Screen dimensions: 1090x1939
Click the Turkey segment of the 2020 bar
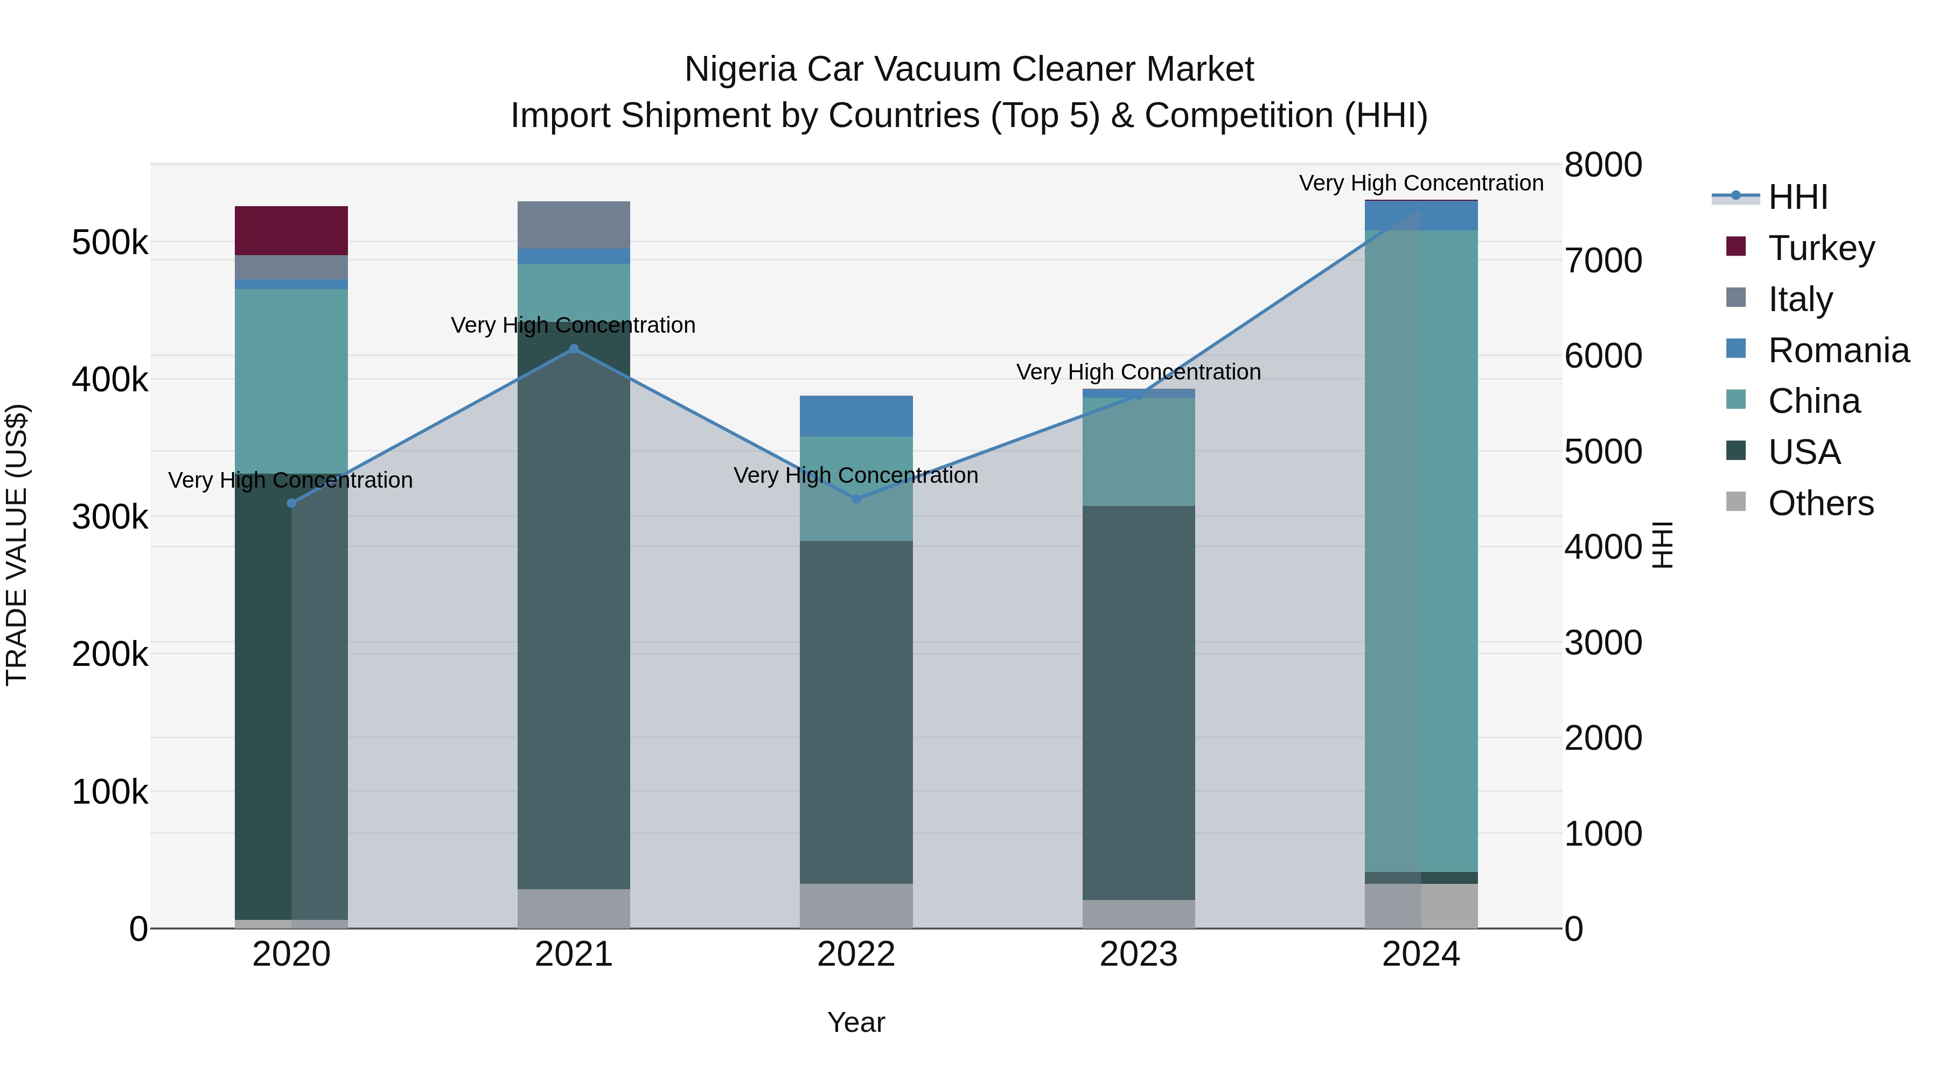(291, 230)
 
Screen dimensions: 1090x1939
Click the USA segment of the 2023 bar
(1138, 702)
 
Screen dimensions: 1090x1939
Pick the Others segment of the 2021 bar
(574, 908)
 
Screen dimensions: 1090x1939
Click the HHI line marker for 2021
(574, 348)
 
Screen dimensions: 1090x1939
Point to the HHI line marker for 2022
(856, 499)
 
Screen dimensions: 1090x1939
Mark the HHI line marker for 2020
(291, 503)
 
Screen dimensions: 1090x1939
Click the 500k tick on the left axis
(110, 242)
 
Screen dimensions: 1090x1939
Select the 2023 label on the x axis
(1138, 954)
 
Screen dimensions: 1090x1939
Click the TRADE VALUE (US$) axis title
(17, 545)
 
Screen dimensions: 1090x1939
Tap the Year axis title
(856, 1022)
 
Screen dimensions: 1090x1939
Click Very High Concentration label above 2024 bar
(1420, 183)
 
